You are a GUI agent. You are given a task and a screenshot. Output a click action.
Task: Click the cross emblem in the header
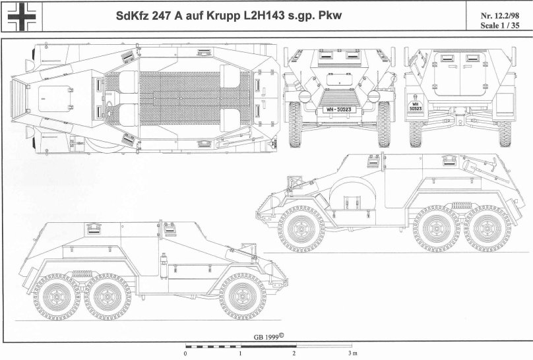21,16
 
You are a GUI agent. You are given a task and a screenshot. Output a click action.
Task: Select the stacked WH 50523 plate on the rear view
415,106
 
